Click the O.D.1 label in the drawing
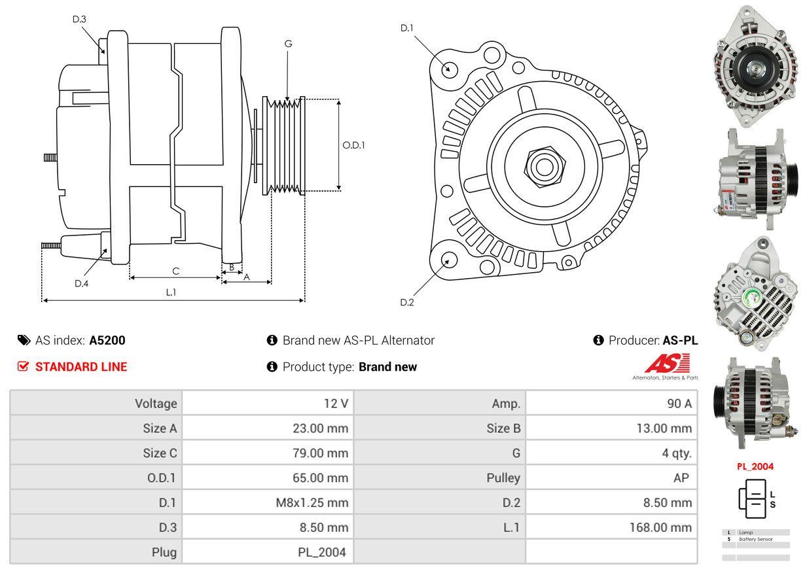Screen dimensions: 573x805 pos(353,145)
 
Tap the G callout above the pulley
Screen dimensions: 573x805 pos(288,44)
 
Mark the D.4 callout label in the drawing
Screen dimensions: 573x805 pos(81,283)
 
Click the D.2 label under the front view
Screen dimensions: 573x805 pos(407,302)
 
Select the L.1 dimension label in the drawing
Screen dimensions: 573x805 pos(171,292)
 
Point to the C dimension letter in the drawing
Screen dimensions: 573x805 pos(175,271)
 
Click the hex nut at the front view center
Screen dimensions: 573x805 pos(541,165)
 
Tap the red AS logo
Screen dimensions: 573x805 pos(667,364)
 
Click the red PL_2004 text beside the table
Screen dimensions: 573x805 pos(755,466)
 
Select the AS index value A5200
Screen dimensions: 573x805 pos(107,340)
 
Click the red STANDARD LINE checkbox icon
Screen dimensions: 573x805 pos(24,367)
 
